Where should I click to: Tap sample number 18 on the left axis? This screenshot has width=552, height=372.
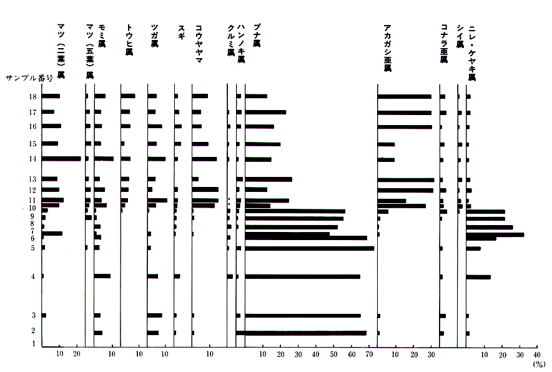32,96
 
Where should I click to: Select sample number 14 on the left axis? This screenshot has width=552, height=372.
32,159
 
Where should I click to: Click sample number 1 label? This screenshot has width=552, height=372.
34,344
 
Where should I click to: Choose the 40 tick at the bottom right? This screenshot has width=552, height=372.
538,354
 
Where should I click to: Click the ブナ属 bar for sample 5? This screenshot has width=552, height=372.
310,248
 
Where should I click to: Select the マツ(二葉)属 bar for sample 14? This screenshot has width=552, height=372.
61,159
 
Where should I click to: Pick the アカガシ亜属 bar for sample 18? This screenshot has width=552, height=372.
404,96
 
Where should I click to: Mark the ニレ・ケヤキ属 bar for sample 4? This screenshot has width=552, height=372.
478,276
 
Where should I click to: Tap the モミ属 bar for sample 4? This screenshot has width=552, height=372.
102,276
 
